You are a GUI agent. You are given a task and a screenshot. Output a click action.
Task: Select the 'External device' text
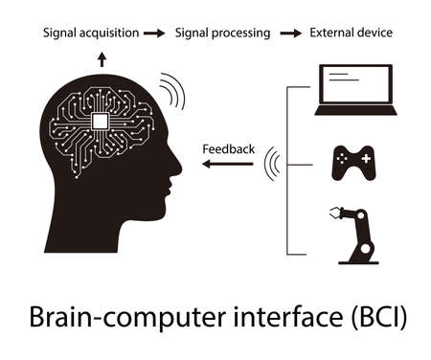(x=351, y=34)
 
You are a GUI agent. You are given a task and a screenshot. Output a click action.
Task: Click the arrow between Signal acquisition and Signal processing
(x=153, y=34)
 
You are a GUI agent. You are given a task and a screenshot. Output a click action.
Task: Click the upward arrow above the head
(x=102, y=57)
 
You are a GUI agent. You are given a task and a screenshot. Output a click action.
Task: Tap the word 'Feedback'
(x=228, y=148)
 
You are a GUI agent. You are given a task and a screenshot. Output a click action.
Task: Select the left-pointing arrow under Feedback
(x=227, y=164)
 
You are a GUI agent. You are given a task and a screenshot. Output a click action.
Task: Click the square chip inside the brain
(x=99, y=120)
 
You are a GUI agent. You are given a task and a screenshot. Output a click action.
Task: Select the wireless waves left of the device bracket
(x=271, y=164)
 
